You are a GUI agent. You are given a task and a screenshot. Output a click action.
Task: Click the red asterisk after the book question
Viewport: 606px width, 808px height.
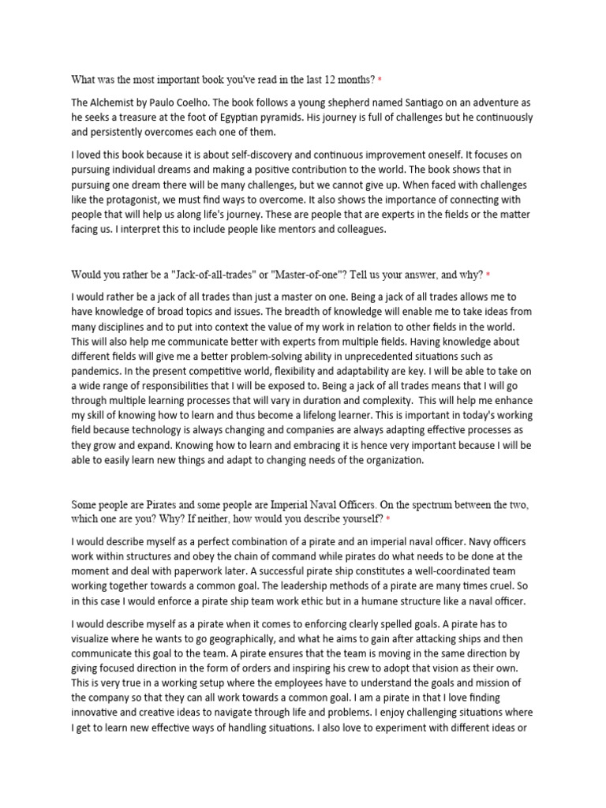point(380,80)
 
